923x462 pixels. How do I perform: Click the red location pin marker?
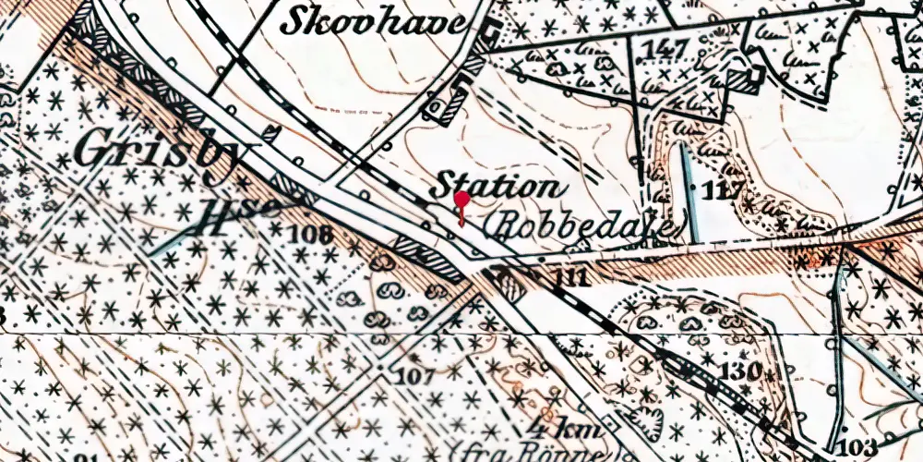(461, 201)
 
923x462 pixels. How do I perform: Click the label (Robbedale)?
(587, 225)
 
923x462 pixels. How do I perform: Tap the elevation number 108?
(310, 233)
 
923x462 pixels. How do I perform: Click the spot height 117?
(723, 192)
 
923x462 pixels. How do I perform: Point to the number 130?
(742, 371)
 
